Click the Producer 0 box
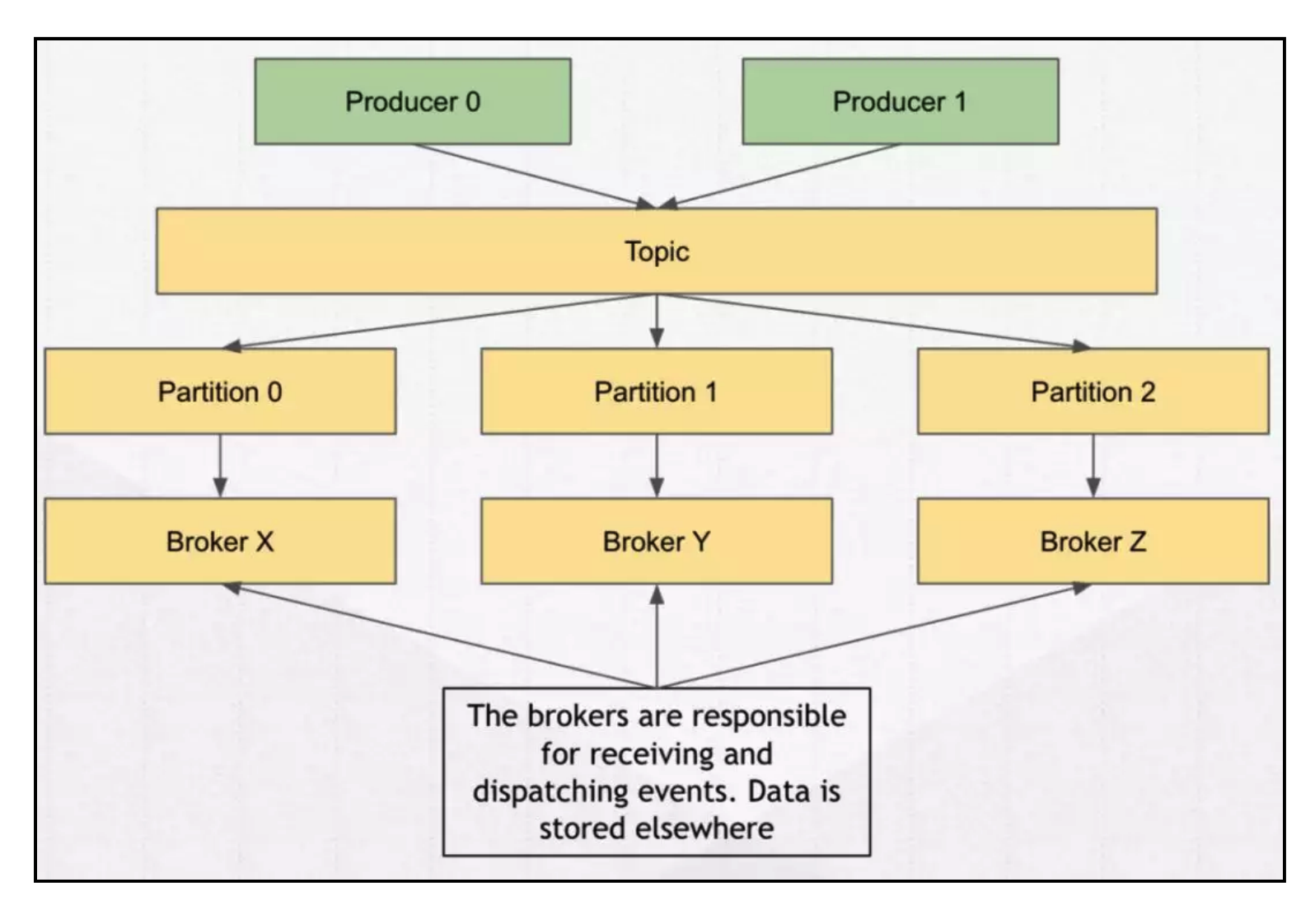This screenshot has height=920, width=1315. click(x=412, y=101)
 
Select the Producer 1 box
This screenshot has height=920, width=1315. click(x=900, y=101)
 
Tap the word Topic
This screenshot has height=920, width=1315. click(x=657, y=251)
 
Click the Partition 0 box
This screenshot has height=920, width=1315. click(x=220, y=392)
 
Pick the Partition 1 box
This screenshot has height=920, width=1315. click(x=657, y=392)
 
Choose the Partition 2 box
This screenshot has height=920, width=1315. click(x=1093, y=392)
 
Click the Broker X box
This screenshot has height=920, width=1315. click(x=220, y=542)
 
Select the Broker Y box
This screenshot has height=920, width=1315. click(x=657, y=542)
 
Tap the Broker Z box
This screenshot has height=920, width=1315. click(x=1093, y=542)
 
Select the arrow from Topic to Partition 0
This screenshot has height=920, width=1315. click(x=437, y=321)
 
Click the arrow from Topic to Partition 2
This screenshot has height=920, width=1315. click(x=873, y=321)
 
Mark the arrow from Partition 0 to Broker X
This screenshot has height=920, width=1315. click(x=220, y=466)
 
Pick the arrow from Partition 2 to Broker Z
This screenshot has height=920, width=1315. click(x=1093, y=466)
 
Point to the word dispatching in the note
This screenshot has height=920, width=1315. click(x=550, y=791)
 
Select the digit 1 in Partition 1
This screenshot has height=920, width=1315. click(x=710, y=392)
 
